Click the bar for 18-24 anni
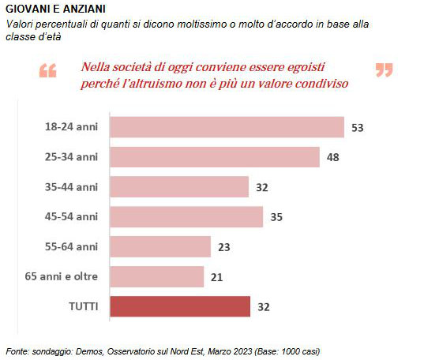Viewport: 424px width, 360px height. [x=227, y=127]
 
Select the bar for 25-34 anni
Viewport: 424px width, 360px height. [x=215, y=157]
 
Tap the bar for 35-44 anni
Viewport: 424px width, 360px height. [x=179, y=187]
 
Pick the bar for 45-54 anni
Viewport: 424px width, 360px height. [x=186, y=217]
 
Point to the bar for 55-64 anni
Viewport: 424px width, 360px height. [x=160, y=246]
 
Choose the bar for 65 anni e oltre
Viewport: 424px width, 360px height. [x=157, y=276]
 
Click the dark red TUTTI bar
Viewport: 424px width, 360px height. [x=180, y=306]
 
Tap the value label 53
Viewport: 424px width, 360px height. [x=357, y=128]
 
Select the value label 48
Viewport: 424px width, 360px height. [x=332, y=157]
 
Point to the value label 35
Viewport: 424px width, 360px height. [x=276, y=217]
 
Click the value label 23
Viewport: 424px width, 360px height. [x=224, y=247]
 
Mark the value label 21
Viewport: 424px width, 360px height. [x=216, y=277]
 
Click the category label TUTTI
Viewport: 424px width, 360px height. [x=84, y=307]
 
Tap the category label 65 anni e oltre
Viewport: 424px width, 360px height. [x=62, y=276]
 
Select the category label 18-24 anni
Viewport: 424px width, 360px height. [x=71, y=127]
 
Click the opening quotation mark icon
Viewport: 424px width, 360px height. [x=48, y=70]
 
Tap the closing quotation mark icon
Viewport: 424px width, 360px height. [x=385, y=70]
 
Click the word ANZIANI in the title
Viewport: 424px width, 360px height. [x=84, y=9]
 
